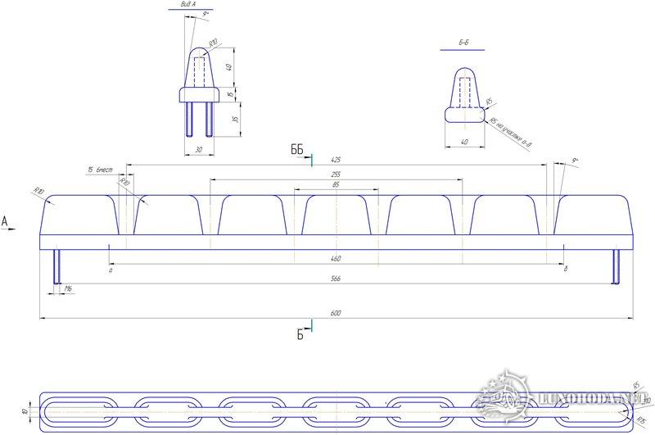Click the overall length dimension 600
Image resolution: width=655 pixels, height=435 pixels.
click(x=335, y=314)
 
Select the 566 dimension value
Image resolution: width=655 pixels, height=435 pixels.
click(x=335, y=280)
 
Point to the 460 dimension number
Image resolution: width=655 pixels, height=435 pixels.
click(x=336, y=259)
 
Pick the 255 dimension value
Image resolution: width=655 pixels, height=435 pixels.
click(x=336, y=174)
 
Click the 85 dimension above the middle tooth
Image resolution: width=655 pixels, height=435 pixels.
click(x=336, y=185)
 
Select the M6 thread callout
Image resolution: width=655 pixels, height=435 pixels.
click(x=69, y=290)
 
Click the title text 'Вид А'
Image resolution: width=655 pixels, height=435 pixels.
click(x=187, y=5)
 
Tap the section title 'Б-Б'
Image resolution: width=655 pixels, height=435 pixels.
click(x=463, y=42)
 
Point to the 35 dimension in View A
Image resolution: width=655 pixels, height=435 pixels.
click(x=235, y=119)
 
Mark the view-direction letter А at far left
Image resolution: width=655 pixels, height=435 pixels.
click(x=5, y=221)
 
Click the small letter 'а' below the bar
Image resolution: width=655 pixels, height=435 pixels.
click(x=110, y=268)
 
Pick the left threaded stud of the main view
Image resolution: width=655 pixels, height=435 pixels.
click(x=57, y=266)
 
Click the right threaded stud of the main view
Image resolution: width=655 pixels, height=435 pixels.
click(x=616, y=266)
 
